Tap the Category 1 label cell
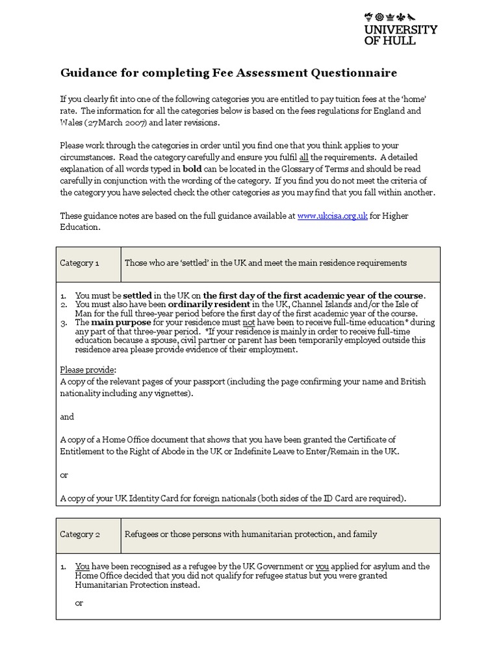point(80,263)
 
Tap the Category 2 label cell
point(80,534)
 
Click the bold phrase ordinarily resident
point(209,304)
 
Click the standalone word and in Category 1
point(67,416)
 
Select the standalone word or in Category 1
point(64,475)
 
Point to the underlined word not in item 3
point(246,322)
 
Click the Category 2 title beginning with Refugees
point(251,534)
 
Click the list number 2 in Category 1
point(64,304)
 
